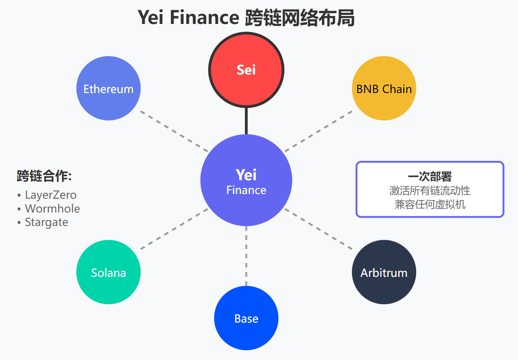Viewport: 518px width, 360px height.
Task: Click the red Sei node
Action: (x=246, y=70)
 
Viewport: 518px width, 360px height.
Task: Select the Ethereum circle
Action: (x=108, y=88)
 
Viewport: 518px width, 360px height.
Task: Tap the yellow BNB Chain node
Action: (x=384, y=88)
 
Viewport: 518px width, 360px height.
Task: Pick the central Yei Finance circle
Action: (x=246, y=180)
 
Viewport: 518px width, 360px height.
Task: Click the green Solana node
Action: (x=108, y=272)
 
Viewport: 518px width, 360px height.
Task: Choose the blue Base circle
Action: (x=246, y=318)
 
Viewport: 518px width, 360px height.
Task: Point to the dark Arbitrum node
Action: (x=384, y=272)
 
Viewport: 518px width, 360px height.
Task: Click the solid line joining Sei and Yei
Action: (x=246, y=121)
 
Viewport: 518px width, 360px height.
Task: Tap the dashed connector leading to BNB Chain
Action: (x=319, y=131)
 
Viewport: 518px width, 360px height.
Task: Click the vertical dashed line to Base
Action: (x=246, y=256)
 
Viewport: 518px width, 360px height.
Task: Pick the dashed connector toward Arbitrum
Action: (x=319, y=229)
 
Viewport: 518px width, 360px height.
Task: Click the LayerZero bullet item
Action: (x=50, y=195)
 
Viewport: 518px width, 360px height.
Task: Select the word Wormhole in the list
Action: (x=52, y=209)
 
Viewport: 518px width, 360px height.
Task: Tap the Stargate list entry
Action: (x=46, y=222)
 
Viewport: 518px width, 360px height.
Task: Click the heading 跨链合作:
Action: (x=44, y=176)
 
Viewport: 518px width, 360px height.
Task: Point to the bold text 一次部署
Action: (x=430, y=177)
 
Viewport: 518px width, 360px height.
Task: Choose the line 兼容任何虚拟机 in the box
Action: (x=430, y=205)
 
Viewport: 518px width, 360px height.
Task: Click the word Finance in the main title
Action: (x=204, y=18)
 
